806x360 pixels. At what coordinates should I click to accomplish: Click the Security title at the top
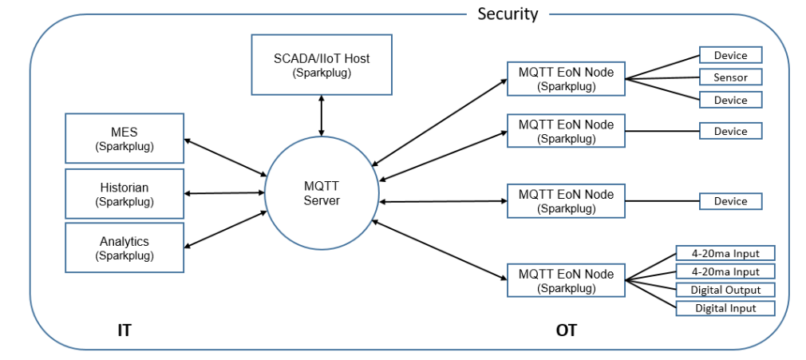(x=508, y=14)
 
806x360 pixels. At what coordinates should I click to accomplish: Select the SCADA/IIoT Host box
(x=321, y=64)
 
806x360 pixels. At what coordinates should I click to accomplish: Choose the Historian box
(x=124, y=193)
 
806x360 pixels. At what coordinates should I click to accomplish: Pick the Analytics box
(x=124, y=247)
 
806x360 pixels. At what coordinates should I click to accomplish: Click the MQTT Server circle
(x=322, y=194)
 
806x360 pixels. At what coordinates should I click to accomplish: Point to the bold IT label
(x=124, y=330)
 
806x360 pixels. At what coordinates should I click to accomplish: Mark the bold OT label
(x=566, y=330)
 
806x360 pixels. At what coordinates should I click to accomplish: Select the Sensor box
(x=730, y=77)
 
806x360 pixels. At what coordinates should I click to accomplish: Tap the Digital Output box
(x=725, y=290)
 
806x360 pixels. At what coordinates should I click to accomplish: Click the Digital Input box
(x=725, y=308)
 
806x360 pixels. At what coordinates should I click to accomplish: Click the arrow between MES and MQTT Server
(x=226, y=157)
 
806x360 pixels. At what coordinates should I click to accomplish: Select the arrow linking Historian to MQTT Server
(x=225, y=193)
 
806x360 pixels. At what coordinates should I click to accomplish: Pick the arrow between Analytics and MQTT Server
(x=226, y=230)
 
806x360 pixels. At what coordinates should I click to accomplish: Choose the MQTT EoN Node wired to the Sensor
(x=566, y=78)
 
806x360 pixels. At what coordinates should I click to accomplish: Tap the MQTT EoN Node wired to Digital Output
(x=566, y=280)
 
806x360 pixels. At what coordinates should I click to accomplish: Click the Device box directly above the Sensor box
(x=730, y=55)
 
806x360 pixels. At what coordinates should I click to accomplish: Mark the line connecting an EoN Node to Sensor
(x=662, y=78)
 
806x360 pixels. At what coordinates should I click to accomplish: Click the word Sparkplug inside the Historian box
(x=124, y=202)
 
